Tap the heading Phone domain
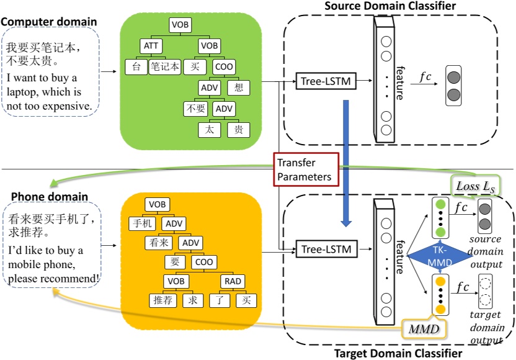pyautogui.click(x=50, y=197)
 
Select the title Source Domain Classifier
pyautogui.click(x=390, y=6)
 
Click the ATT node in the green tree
pyautogui.click(x=151, y=46)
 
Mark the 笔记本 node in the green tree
pyautogui.click(x=164, y=66)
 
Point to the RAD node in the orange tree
pyautogui.click(x=233, y=282)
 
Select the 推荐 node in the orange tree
pyautogui.click(x=164, y=301)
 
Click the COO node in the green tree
pyautogui.click(x=224, y=66)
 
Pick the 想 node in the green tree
pyautogui.click(x=238, y=88)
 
